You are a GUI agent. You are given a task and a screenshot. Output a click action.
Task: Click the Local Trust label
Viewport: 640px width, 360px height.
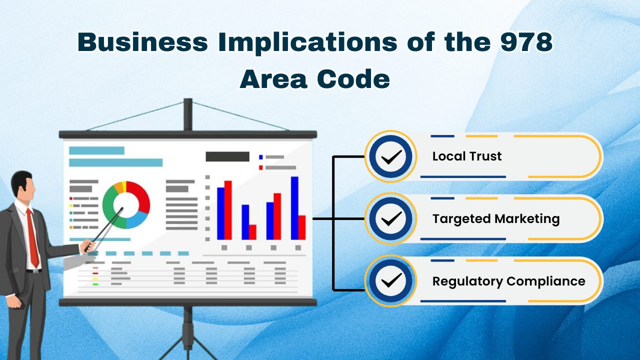467,156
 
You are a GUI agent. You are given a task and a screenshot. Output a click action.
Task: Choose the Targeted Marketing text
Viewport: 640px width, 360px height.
495,218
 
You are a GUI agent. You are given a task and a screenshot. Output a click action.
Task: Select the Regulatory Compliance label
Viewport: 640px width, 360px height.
508,281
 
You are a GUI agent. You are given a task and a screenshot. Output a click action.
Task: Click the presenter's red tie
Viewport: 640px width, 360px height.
32,237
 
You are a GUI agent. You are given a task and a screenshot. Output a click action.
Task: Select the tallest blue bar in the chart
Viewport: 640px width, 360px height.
294,207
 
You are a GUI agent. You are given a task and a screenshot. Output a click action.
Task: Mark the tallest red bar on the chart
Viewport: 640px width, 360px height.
228,210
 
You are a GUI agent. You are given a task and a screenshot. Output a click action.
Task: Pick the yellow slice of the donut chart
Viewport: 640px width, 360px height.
123,186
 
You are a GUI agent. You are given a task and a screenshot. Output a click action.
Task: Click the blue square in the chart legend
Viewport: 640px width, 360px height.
261,157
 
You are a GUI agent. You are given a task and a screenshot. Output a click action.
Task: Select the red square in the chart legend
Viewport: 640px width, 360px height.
261,167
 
